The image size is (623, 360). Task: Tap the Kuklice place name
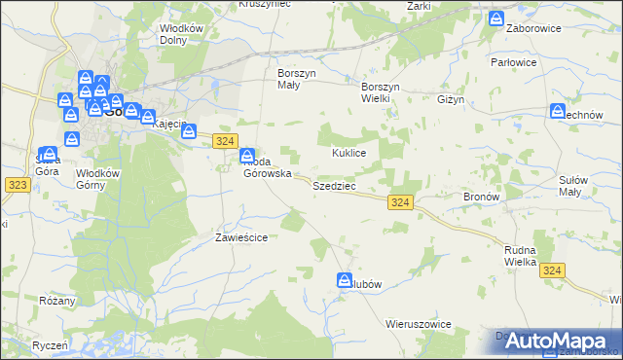tap(348, 154)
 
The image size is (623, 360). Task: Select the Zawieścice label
tap(241, 236)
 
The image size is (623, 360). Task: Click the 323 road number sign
tap(16, 184)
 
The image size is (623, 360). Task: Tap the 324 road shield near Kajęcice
tap(225, 141)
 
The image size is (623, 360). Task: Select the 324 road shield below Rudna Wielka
tap(553, 270)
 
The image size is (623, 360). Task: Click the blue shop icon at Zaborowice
tap(496, 18)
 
